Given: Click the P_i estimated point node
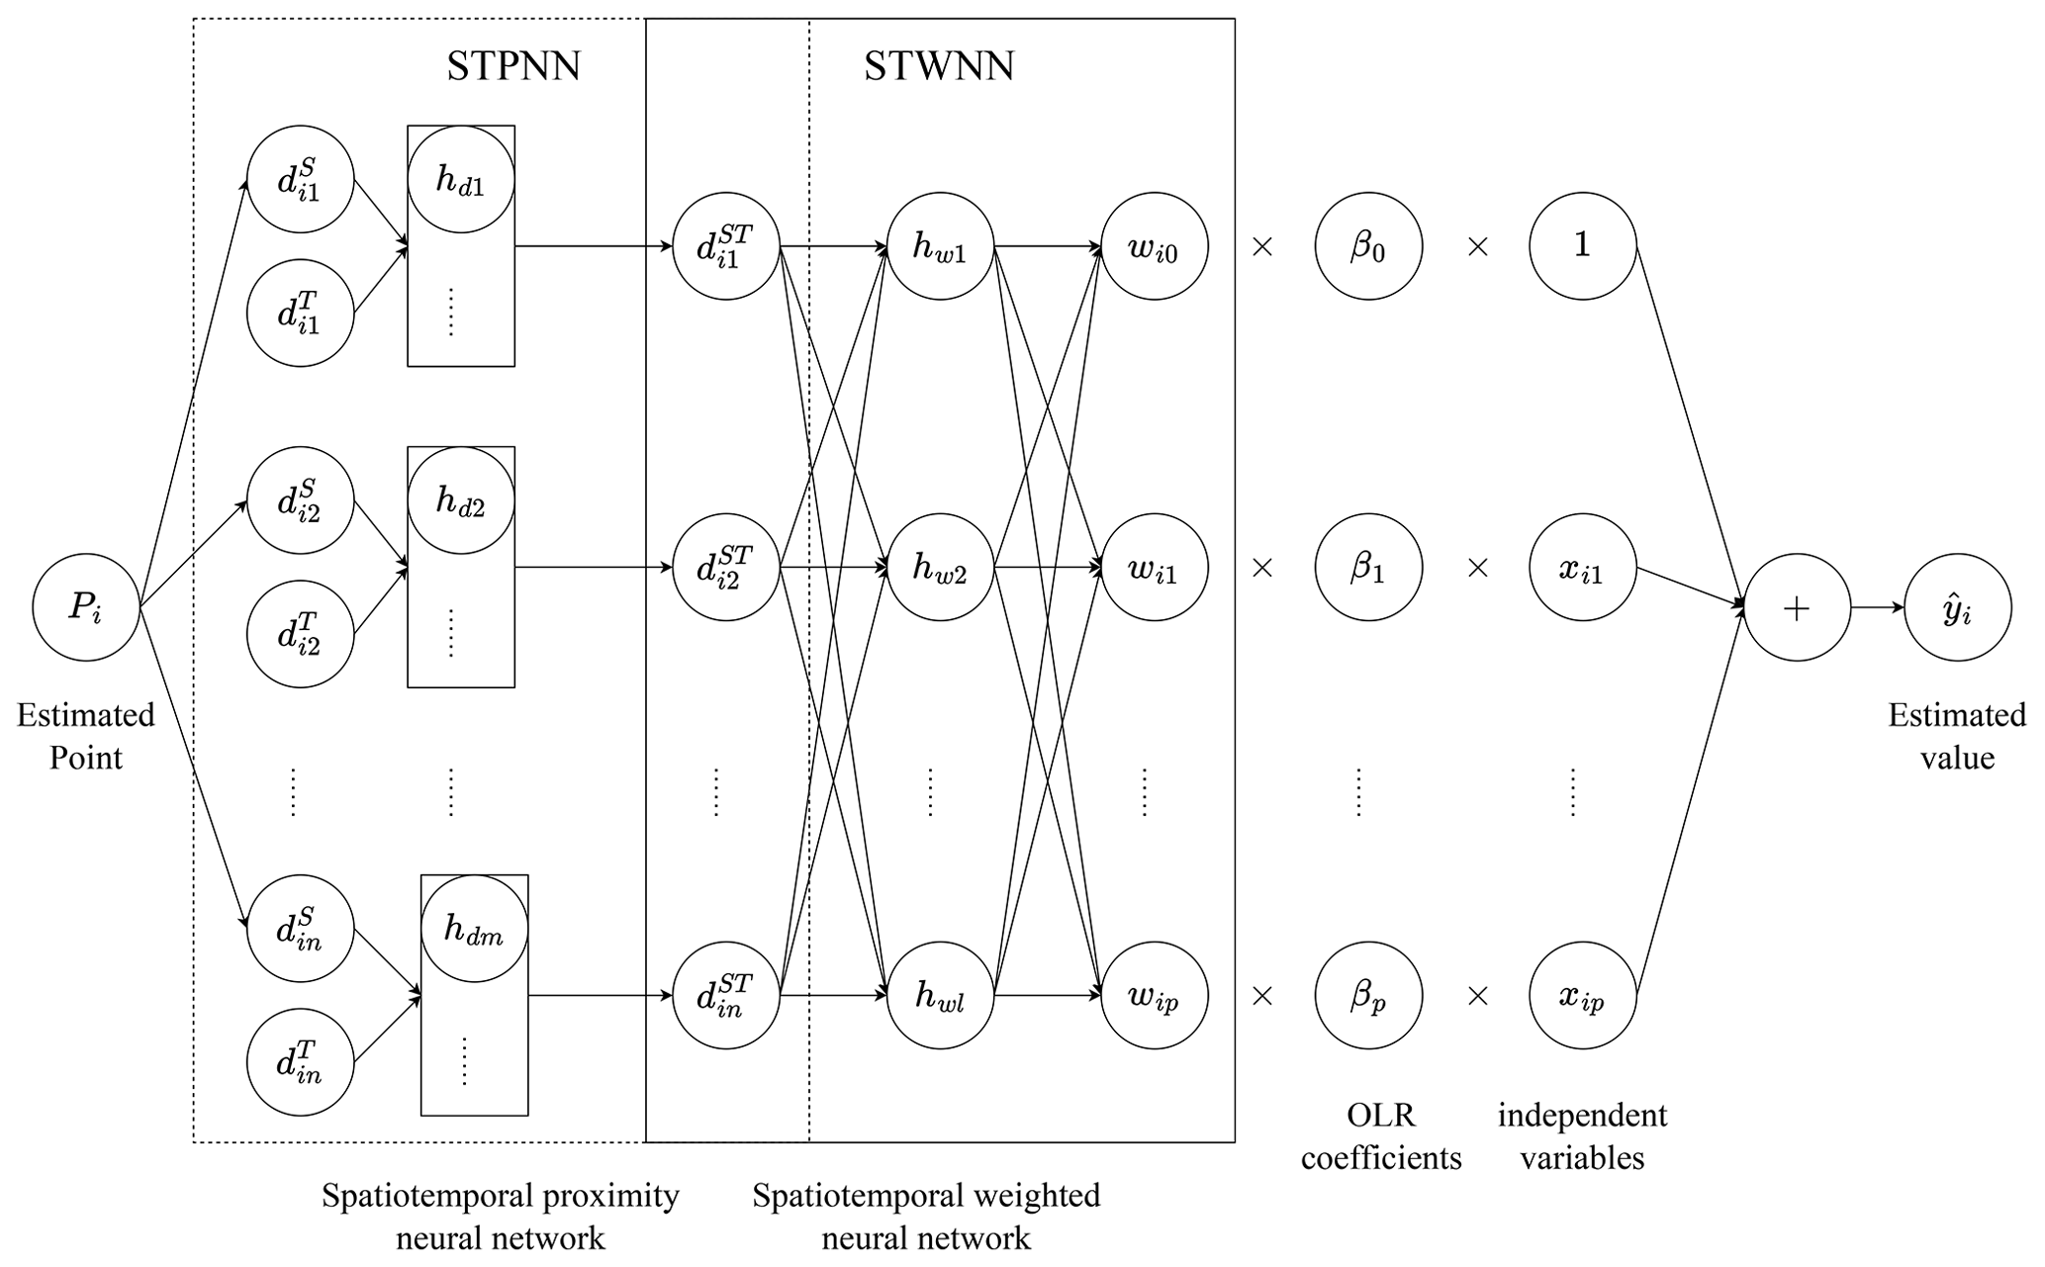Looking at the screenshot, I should tap(86, 607).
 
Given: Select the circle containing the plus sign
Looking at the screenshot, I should tap(1796, 607).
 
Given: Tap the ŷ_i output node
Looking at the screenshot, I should tap(1957, 607).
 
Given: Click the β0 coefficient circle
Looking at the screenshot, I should tap(1368, 246).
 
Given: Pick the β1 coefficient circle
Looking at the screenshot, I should tap(1368, 568).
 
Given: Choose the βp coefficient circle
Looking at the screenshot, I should tap(1368, 995).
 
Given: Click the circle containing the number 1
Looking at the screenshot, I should tap(1582, 246).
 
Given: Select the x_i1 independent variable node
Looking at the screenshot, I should tap(1582, 568).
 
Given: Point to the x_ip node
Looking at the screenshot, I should tap(1582, 995).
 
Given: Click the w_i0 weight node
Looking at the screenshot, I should tap(1154, 246).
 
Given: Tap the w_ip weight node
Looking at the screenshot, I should tap(1154, 995).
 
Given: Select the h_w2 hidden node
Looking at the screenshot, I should tap(940, 568).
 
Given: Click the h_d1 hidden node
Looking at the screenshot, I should tap(461, 180).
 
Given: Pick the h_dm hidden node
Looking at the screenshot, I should tap(474, 929).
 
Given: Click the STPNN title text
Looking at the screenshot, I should tap(513, 66).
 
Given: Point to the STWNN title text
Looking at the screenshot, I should tap(939, 66).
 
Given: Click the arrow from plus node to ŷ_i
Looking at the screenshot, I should tap(1877, 607).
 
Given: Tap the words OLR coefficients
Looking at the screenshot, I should tap(1381, 1136).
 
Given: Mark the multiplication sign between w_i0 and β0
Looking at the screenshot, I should tap(1262, 246).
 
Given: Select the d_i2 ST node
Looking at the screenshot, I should tap(726, 568).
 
